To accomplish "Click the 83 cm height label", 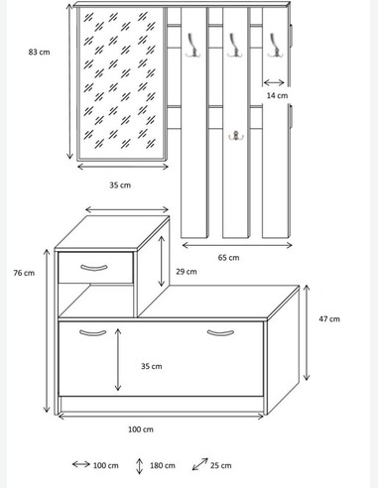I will [x=39, y=53].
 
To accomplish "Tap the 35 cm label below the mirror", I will [x=120, y=184].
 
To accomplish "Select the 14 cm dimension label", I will [x=278, y=95].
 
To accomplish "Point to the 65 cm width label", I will [x=228, y=257].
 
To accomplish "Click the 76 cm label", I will [x=24, y=273].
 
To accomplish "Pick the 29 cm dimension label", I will [x=185, y=271].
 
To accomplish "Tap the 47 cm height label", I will [x=328, y=318].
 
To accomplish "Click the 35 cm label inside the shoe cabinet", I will [x=151, y=366].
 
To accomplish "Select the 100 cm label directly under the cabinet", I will [x=141, y=429].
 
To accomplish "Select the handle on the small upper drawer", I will [x=94, y=266].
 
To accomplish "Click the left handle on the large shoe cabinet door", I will [x=92, y=332].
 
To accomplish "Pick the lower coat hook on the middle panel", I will [x=236, y=136].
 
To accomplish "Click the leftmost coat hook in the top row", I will [x=186, y=41].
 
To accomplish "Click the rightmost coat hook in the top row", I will [x=274, y=41].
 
